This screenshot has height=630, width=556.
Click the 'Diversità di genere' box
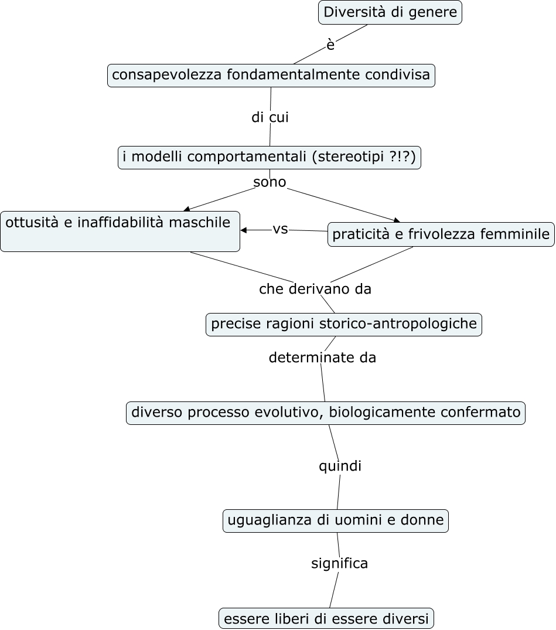390,12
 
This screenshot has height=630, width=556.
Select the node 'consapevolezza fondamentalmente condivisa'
271,76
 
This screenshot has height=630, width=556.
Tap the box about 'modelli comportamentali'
270,158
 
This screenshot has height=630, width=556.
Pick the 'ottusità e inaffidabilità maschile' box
120,231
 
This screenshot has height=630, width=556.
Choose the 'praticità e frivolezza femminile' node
441,234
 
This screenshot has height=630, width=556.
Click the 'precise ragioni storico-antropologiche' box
344,324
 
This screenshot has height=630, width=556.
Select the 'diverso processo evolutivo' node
325,413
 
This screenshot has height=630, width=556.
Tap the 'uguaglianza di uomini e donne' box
335,520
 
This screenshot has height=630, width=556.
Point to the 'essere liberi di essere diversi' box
326,618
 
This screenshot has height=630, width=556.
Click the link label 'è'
330,45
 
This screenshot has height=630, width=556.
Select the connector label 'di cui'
270,117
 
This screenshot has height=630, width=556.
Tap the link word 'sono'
270,182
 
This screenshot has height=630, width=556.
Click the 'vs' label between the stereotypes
280,229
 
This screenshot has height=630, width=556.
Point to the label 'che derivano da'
315,289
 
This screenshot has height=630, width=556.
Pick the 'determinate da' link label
322,357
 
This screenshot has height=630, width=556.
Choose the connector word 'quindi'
340,466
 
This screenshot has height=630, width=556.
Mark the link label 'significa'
339,563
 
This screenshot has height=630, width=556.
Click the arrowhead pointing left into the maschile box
244,230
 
